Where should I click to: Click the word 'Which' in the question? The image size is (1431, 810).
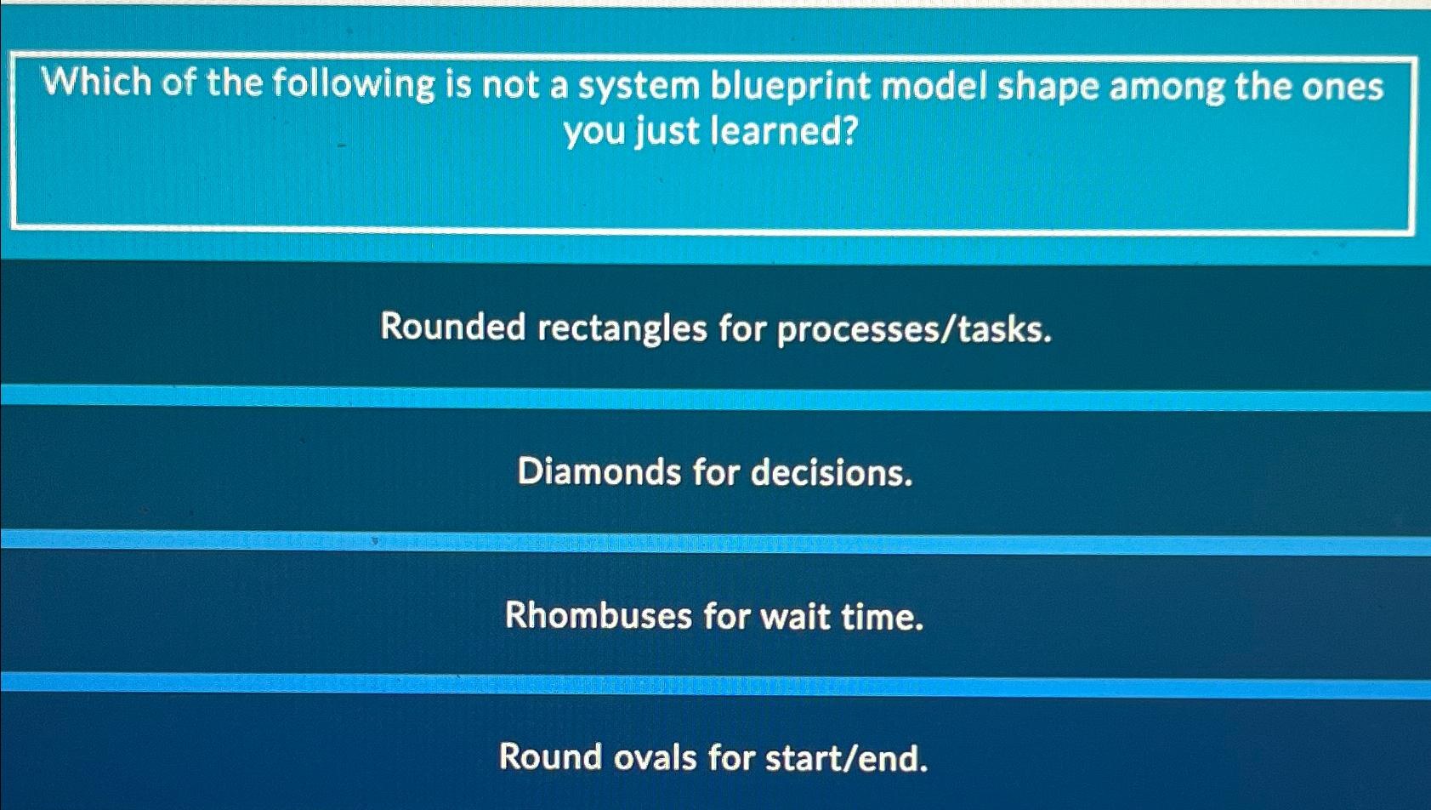tap(97, 83)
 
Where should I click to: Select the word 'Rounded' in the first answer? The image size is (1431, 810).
tap(453, 327)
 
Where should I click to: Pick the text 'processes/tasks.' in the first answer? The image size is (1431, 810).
tap(914, 329)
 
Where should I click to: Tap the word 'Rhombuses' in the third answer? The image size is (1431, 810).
tap(599, 615)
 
